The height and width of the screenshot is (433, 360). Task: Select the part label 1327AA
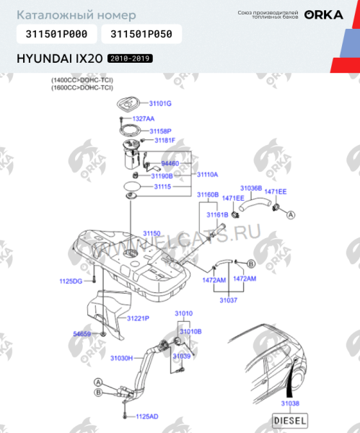point(143,118)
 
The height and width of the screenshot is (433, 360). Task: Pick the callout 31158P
point(160,131)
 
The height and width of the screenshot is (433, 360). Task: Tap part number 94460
point(169,164)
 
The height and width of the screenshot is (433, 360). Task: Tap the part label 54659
point(82,334)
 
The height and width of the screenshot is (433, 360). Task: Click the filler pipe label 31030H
point(122,357)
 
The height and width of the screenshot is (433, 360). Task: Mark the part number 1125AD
point(146,416)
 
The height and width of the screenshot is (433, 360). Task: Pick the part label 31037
point(228,299)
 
